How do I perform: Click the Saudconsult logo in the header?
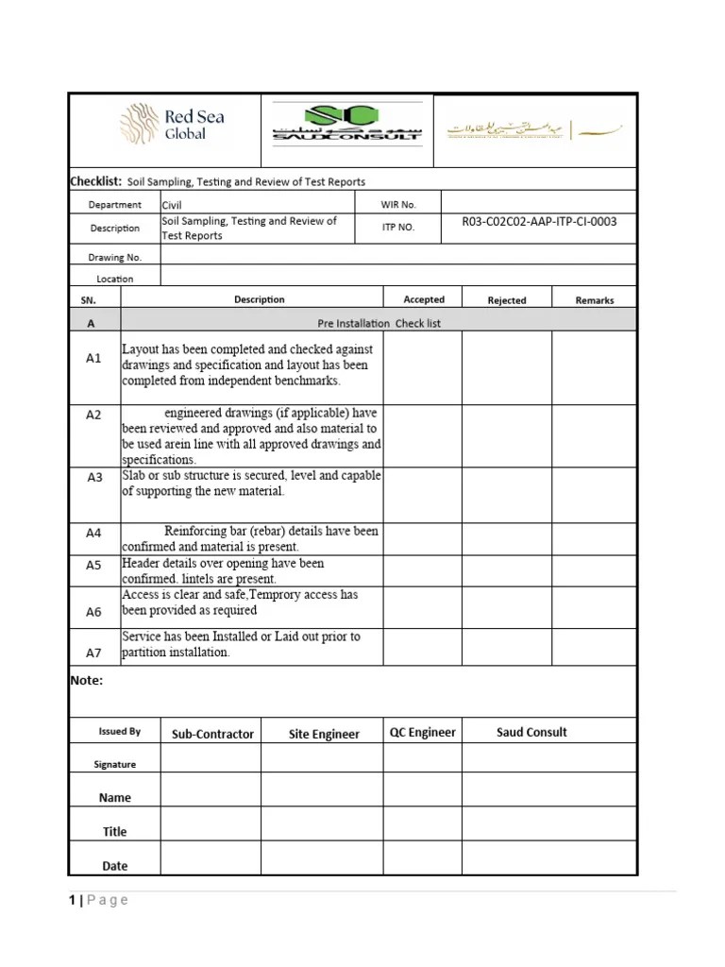[x=346, y=124]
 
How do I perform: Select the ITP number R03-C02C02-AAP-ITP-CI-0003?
[x=539, y=222]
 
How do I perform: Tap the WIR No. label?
[x=399, y=204]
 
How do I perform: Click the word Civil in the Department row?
[x=173, y=204]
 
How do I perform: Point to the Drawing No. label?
[x=115, y=257]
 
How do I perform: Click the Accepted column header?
[x=424, y=299]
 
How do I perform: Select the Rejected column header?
[x=507, y=300]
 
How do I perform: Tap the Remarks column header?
[x=595, y=300]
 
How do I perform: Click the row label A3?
[x=94, y=478]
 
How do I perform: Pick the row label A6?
[x=94, y=612]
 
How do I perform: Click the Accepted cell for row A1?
[x=422, y=367]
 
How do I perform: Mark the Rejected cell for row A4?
[x=506, y=538]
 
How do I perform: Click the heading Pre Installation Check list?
[x=379, y=323]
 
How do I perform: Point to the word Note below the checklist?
[x=87, y=680]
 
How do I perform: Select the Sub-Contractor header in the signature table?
[x=212, y=734]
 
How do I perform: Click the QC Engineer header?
[x=423, y=732]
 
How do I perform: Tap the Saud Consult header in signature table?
[x=531, y=732]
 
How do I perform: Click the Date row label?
[x=115, y=865]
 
